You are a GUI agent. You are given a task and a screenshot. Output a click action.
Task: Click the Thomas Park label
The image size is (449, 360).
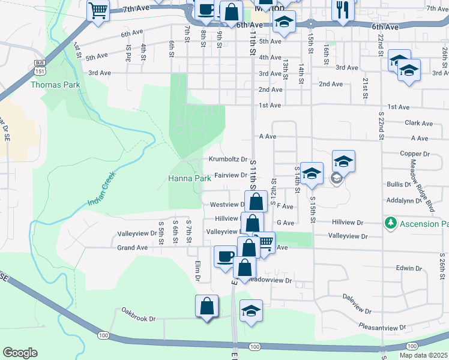(56, 85)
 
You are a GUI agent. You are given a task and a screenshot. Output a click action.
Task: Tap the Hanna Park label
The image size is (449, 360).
(189, 179)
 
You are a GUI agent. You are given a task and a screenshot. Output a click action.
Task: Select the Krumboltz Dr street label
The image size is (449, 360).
(228, 160)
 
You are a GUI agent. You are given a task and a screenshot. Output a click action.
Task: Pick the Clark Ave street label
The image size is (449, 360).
(418, 123)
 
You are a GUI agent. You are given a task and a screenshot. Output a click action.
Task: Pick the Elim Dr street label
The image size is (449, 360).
(197, 271)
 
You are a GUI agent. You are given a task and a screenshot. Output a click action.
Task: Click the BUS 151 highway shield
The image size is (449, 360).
(40, 67)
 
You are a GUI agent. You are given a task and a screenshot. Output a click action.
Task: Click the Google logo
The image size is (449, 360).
(20, 353)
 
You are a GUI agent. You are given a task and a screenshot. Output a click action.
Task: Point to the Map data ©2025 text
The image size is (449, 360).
(423, 355)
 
